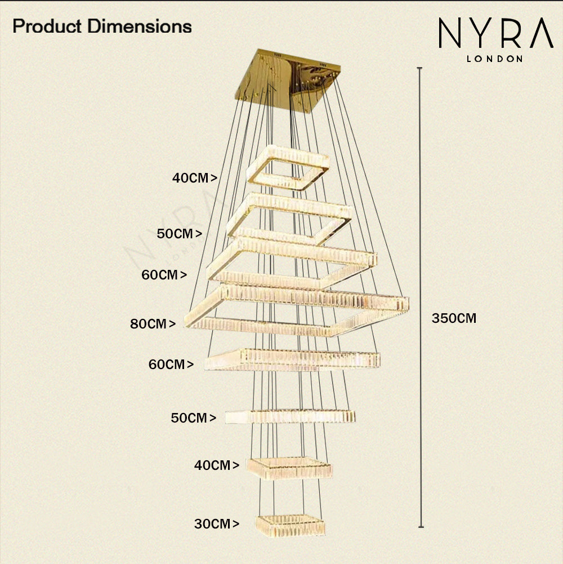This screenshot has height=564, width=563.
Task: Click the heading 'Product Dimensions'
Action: (x=102, y=26)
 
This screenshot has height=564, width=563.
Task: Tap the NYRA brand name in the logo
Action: (x=495, y=35)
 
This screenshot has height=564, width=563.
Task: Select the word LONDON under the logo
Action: (x=495, y=59)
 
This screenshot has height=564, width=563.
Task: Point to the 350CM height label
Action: (x=454, y=318)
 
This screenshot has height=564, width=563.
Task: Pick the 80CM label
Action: (x=149, y=324)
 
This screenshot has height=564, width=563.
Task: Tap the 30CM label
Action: (x=213, y=524)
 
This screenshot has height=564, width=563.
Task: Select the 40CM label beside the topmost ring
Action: (x=191, y=178)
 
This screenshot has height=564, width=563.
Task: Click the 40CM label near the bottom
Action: (x=213, y=465)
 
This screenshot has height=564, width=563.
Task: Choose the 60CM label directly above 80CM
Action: (x=160, y=275)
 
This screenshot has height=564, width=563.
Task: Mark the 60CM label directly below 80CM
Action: (x=167, y=365)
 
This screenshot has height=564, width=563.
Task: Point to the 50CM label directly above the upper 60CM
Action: (x=176, y=234)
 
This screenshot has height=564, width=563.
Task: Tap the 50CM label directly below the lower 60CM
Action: (x=190, y=418)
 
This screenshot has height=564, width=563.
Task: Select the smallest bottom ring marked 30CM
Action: (x=291, y=526)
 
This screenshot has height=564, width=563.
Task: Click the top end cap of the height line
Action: (x=420, y=68)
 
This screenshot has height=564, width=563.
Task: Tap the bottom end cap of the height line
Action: (x=421, y=527)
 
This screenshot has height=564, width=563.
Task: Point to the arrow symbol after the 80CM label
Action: (x=172, y=324)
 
